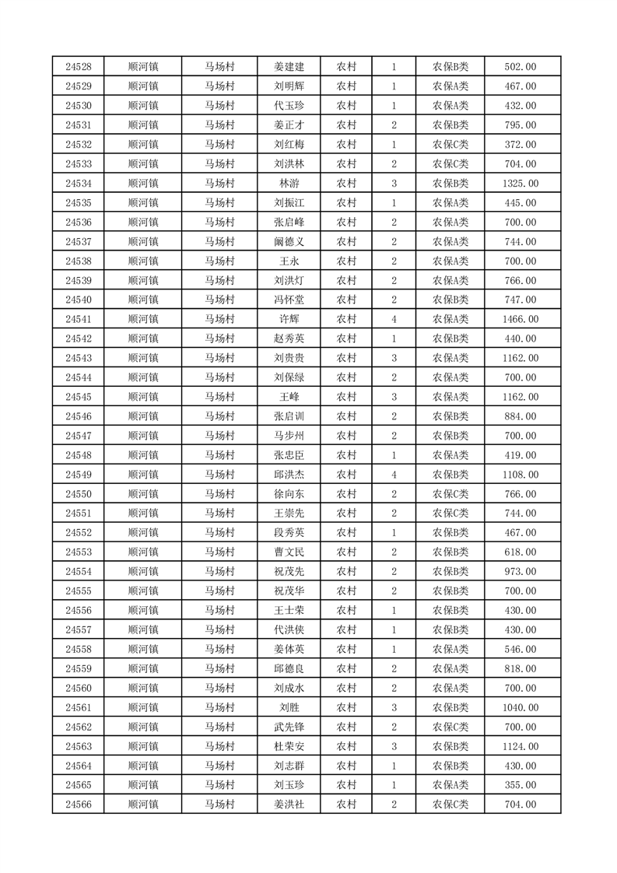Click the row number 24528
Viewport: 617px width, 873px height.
coord(79,67)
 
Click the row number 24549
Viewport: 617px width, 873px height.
coord(79,475)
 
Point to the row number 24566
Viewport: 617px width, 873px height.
coord(79,805)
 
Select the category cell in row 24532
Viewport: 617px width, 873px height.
coord(450,145)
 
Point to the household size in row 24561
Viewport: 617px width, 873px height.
coord(394,707)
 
